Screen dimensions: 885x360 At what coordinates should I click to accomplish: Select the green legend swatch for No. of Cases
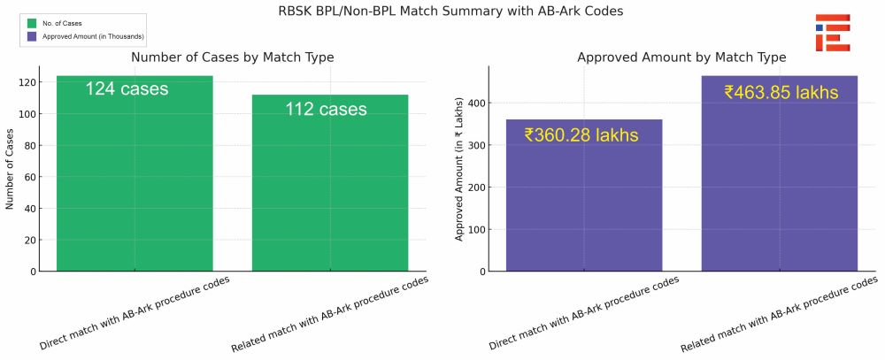32,24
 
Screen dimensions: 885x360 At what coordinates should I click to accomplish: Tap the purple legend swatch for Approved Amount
32,36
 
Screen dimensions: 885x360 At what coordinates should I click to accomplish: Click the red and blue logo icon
833,33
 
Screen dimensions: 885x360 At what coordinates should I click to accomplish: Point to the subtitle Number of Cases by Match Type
233,57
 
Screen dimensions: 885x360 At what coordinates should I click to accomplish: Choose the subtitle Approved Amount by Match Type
681,57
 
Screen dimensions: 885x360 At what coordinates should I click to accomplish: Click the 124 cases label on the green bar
127,89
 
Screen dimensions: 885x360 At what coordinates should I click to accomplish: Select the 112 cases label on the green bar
326,109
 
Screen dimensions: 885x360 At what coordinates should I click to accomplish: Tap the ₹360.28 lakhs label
581,135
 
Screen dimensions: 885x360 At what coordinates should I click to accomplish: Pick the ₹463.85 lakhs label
781,93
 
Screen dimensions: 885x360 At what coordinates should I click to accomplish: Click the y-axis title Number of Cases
10,169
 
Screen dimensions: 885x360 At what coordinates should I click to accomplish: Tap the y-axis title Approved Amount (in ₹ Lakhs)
458,169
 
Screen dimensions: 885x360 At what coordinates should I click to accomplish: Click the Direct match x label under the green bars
135,313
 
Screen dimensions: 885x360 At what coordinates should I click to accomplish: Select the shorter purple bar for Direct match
584,195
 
